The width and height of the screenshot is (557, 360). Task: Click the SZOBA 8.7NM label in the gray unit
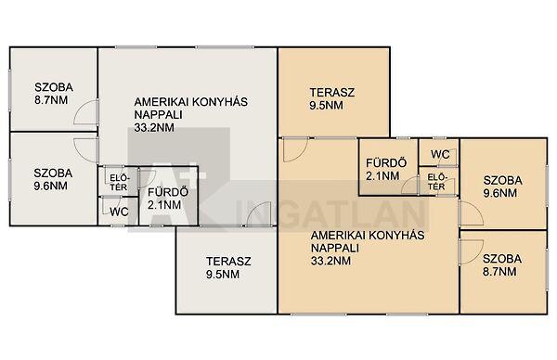54,94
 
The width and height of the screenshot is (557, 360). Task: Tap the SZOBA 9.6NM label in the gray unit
53,179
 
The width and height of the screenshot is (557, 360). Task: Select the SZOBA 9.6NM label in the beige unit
502,186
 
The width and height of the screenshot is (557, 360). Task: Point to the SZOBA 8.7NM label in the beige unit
502,265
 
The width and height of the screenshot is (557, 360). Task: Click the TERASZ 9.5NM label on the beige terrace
332,98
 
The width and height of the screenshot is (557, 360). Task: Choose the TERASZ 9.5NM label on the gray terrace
228,268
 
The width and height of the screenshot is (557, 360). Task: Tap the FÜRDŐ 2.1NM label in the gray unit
168,199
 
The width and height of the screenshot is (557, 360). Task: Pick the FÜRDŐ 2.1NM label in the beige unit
386,170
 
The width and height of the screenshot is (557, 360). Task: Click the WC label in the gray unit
119,212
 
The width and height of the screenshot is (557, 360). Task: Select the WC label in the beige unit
440,154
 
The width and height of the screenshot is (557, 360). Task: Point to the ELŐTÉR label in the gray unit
118,183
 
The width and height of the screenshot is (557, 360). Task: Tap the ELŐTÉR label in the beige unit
436,182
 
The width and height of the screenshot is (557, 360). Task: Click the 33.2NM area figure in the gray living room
154,128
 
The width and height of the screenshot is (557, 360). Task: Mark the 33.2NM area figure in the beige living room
330,261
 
